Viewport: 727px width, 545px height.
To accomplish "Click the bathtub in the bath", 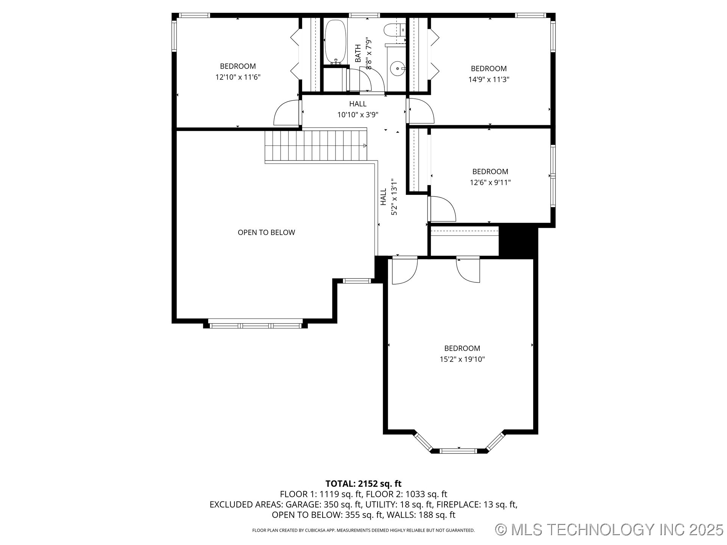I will [x=335, y=42].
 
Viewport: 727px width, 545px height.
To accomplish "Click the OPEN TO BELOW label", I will [x=266, y=232].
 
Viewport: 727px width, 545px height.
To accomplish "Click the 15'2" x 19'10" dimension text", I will [x=462, y=359].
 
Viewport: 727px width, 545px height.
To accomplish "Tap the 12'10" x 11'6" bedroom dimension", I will [x=238, y=77].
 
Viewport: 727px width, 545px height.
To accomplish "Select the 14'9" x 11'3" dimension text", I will [x=488, y=79].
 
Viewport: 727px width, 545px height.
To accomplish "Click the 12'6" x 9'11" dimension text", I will [x=490, y=182].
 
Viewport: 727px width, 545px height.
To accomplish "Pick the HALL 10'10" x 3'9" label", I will [x=358, y=109].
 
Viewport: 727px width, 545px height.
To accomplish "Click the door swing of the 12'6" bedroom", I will [x=442, y=209].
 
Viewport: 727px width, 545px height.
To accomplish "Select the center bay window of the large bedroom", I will [x=459, y=451].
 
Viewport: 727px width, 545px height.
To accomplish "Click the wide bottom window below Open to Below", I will [x=256, y=325].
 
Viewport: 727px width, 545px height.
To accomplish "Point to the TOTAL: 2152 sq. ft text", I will [x=363, y=484].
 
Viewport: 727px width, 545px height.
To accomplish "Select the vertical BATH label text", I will [x=358, y=53].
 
